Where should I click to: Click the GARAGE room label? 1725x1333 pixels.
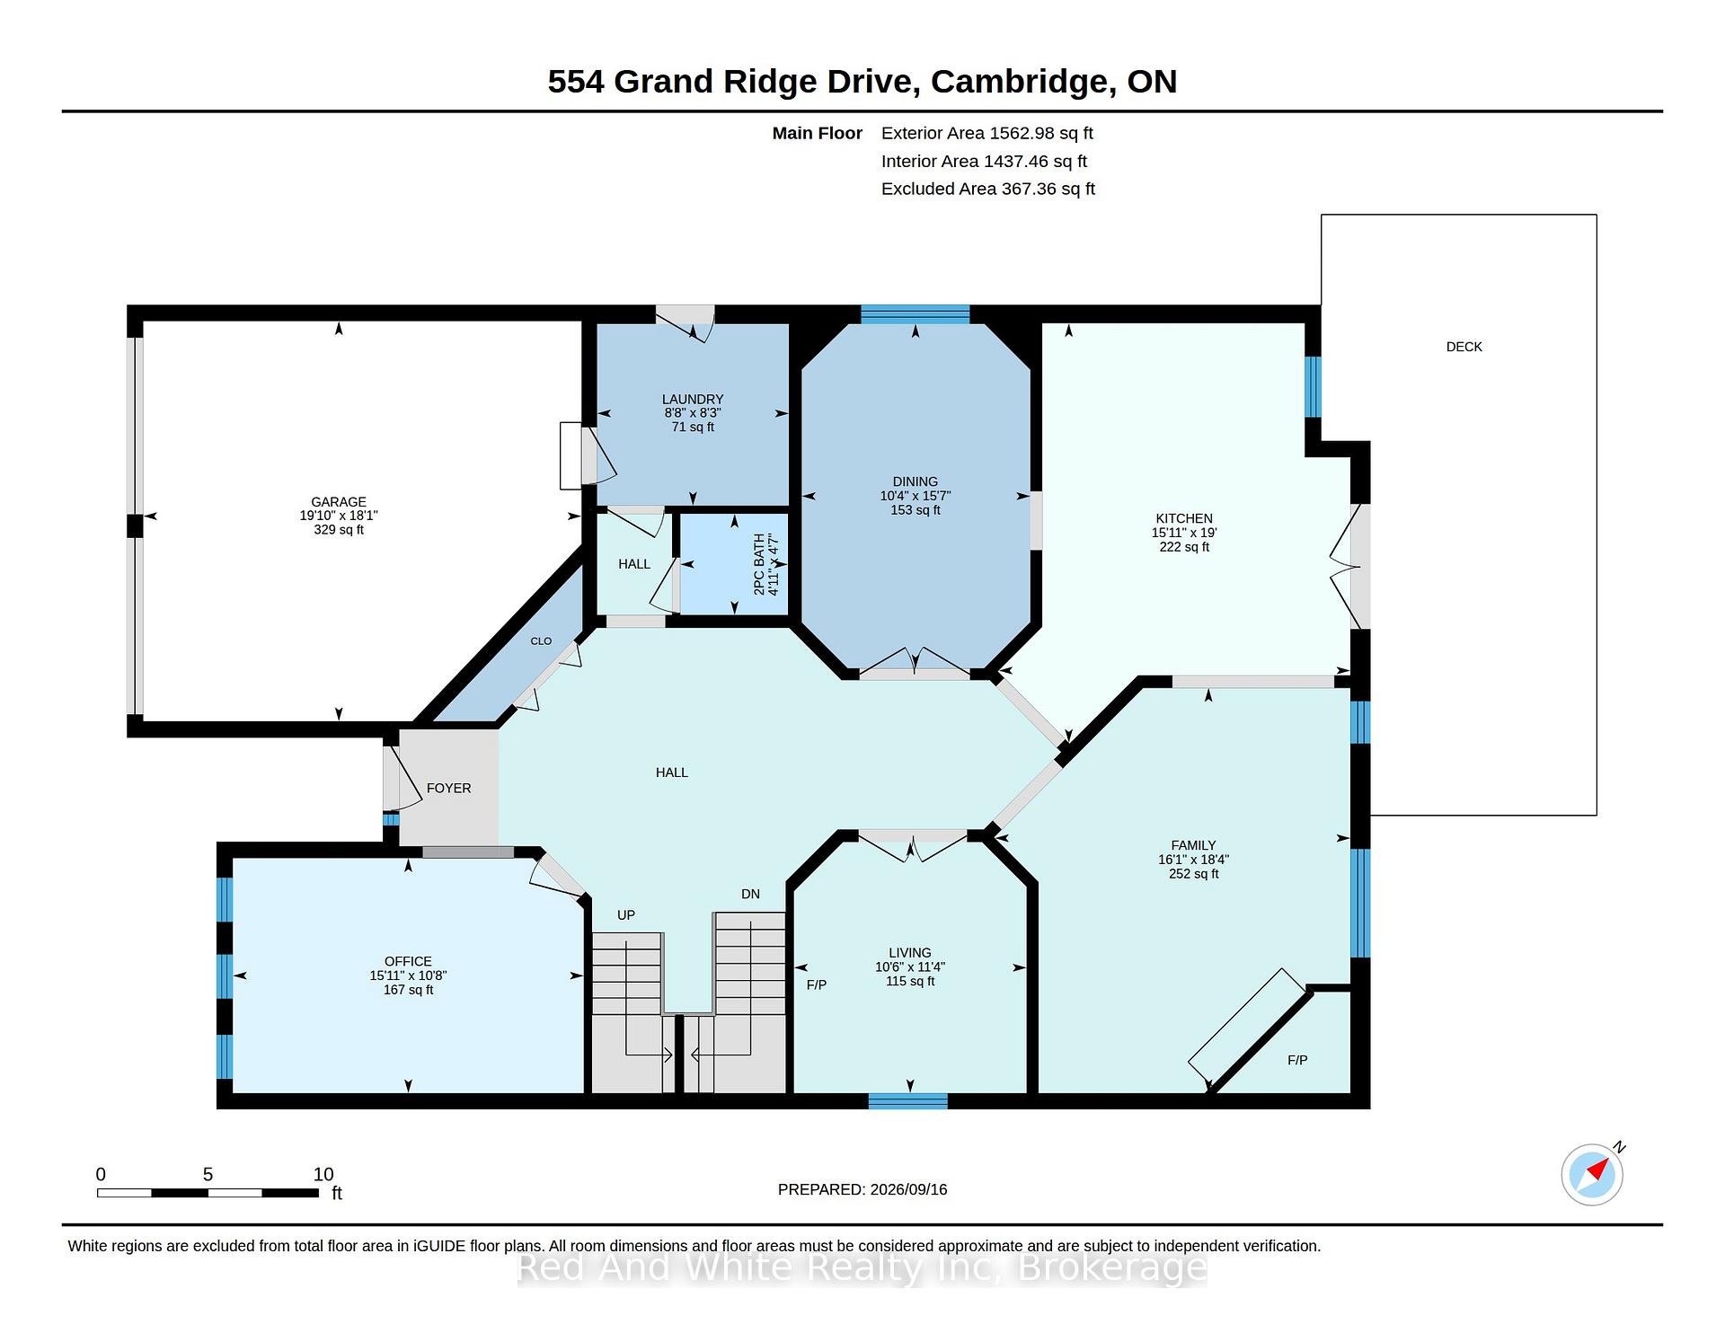339,502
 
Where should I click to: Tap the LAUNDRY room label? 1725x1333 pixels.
693,399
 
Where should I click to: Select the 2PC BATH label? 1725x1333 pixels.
759,564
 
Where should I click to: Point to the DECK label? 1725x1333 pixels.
1464,347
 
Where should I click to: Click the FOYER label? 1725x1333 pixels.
449,788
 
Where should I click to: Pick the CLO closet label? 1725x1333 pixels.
541,641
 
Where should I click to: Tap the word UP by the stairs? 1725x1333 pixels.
626,915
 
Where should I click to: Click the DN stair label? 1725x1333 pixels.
751,894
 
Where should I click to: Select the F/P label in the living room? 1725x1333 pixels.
817,985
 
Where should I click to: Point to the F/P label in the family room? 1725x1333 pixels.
1297,1060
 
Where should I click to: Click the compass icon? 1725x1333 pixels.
1593,1174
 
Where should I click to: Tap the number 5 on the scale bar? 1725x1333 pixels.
208,1174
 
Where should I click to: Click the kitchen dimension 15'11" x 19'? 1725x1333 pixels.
1184,533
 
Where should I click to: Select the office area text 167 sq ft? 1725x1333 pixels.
409,990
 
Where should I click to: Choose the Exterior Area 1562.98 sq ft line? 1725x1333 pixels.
987,133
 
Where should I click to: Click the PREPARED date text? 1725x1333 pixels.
862,1189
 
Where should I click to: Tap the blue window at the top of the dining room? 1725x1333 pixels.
916,314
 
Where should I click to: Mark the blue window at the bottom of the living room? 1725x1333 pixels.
908,1101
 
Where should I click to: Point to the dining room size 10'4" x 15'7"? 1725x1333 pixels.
916,496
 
